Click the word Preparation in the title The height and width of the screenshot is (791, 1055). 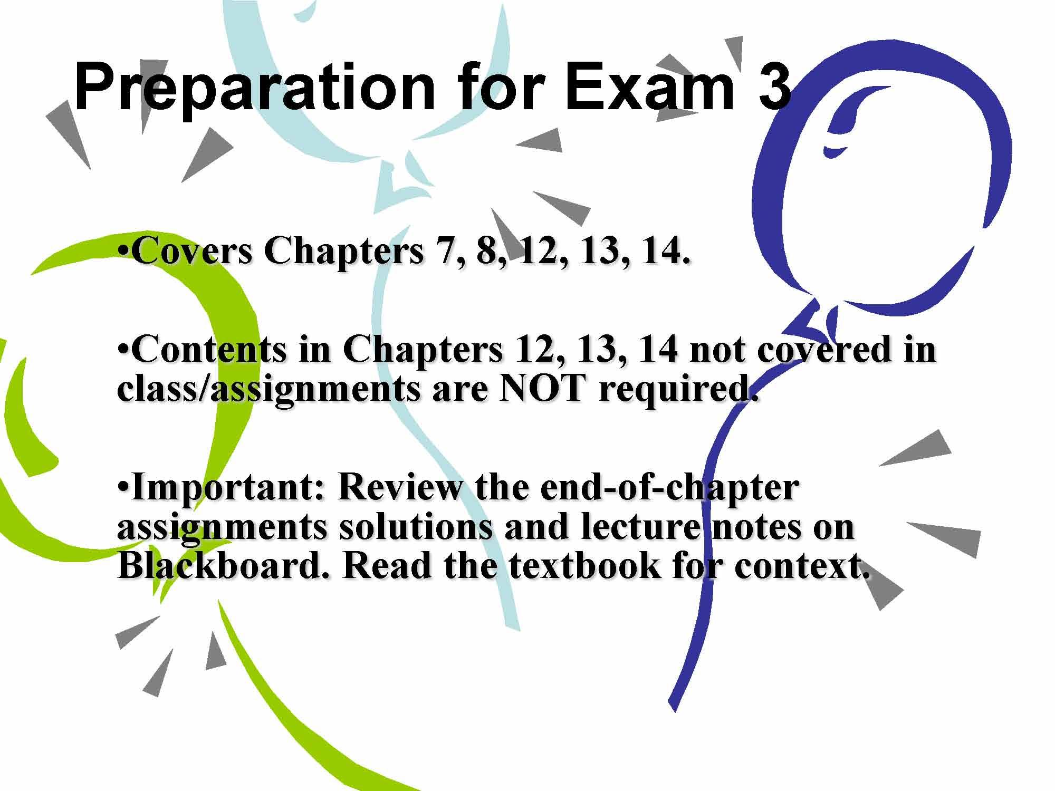pos(254,88)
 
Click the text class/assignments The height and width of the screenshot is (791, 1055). pos(270,392)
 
